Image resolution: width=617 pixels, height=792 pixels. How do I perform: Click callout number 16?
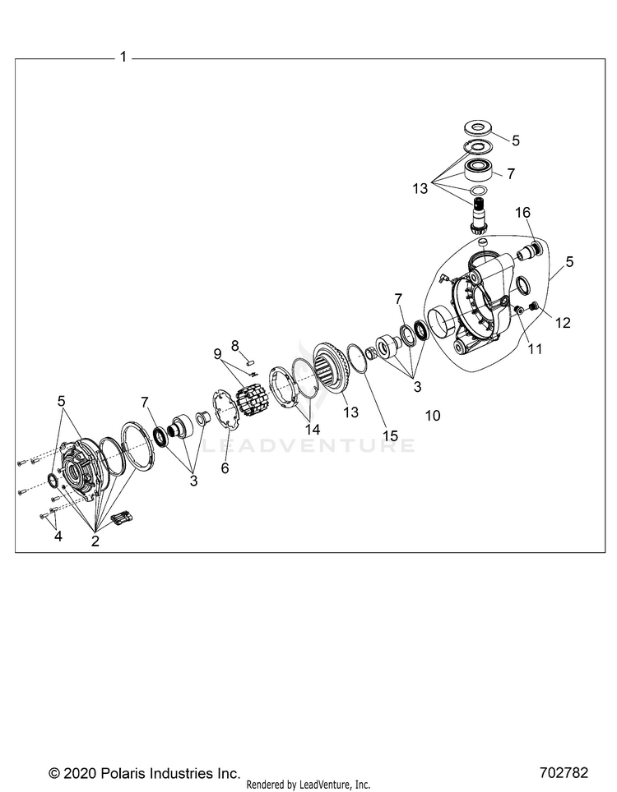point(522,213)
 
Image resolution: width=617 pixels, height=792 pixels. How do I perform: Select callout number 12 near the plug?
point(562,323)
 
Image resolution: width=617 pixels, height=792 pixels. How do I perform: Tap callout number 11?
point(535,348)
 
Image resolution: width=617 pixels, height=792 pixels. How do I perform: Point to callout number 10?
point(433,416)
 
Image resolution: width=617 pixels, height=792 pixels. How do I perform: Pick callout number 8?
point(234,344)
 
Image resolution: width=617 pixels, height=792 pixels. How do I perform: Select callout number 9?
point(218,354)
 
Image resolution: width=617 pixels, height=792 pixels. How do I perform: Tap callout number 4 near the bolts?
point(57,536)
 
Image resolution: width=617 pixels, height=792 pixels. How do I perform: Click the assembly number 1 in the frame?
point(123,57)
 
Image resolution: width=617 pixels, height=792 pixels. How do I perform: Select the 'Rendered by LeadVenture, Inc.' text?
point(308,785)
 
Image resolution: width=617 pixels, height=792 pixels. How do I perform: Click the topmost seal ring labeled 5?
point(477,127)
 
